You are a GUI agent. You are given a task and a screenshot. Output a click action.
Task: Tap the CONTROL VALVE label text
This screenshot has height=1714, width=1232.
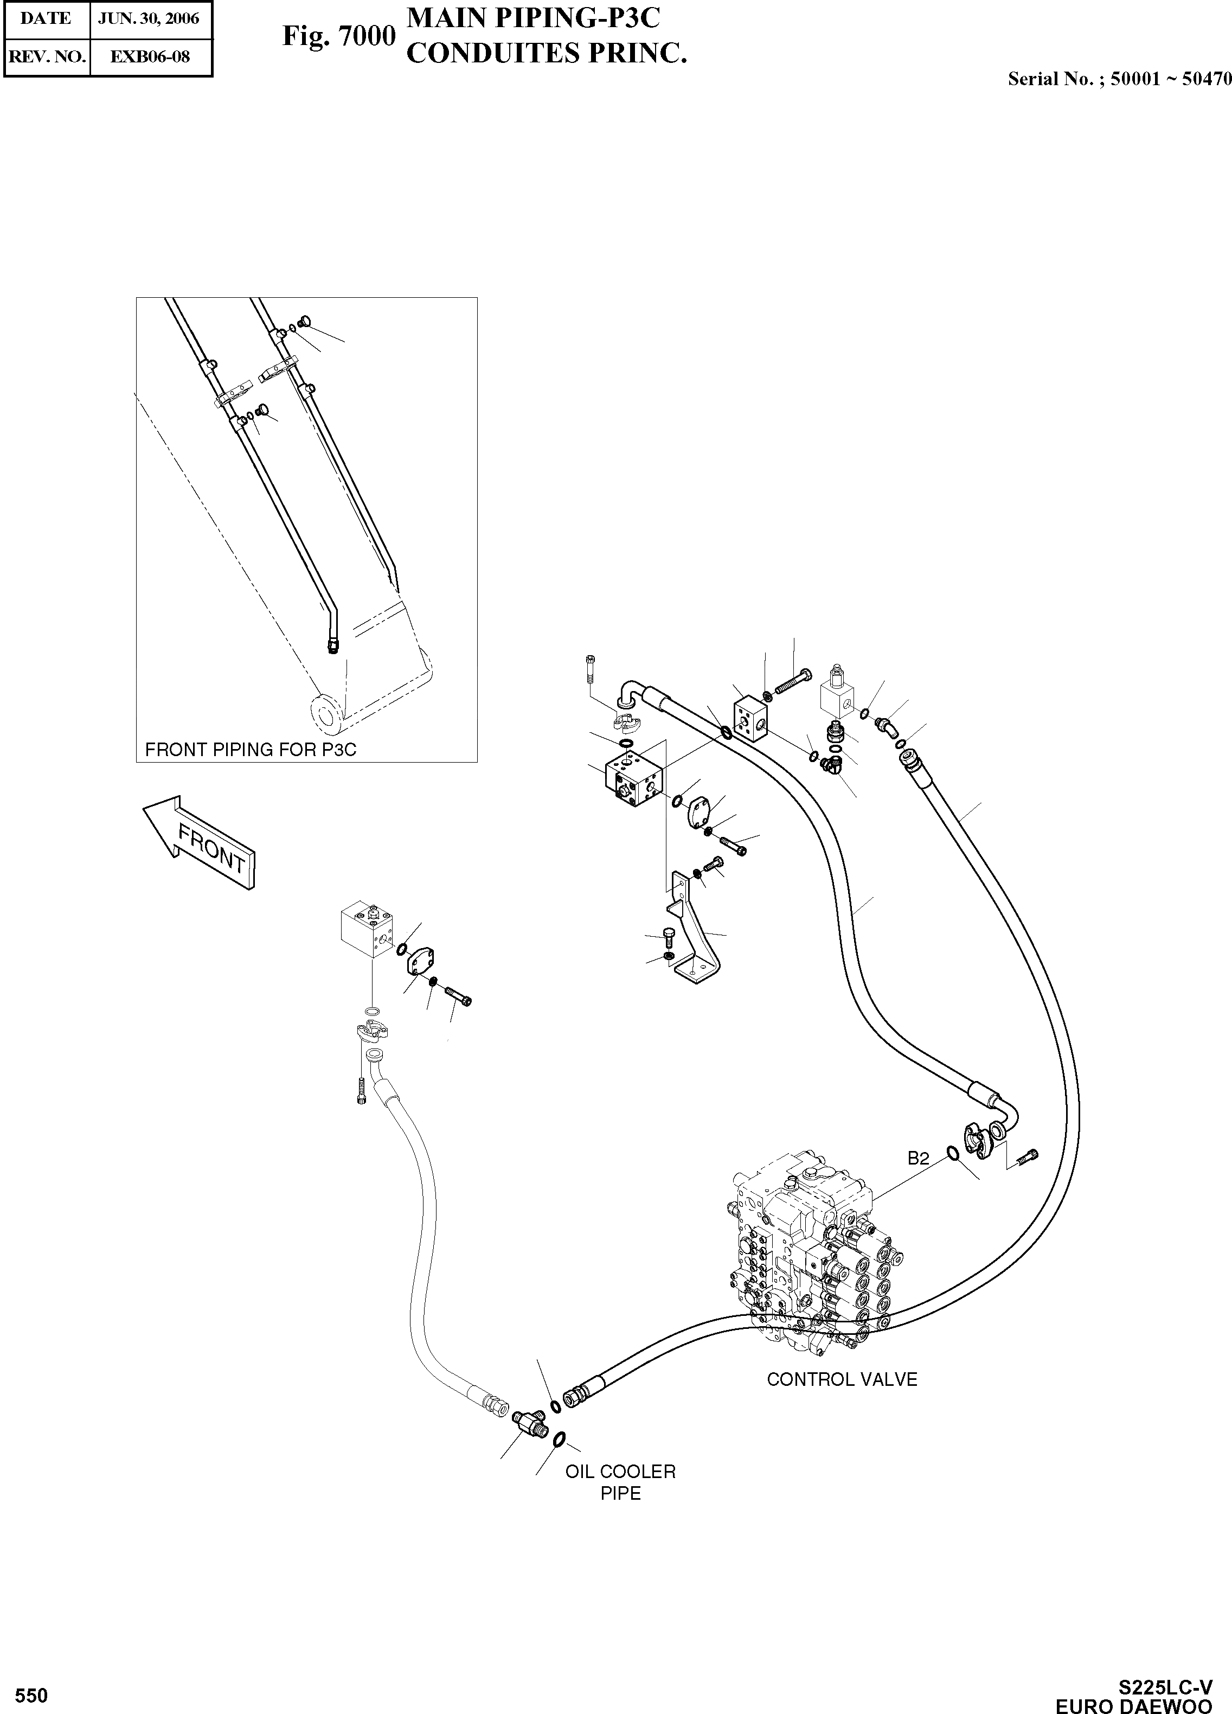(842, 1379)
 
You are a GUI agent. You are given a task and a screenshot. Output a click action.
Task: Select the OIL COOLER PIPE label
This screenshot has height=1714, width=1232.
(620, 1482)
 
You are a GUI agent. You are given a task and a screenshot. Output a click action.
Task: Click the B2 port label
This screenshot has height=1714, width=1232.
(918, 1159)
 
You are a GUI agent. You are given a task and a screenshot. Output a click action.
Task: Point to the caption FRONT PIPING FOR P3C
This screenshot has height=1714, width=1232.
(250, 750)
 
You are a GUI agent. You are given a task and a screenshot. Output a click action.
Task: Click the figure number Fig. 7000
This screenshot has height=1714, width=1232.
(338, 36)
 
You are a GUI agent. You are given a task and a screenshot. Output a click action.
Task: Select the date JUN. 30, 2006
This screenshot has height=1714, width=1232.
(149, 18)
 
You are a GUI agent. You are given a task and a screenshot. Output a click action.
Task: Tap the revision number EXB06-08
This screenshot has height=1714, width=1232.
(150, 56)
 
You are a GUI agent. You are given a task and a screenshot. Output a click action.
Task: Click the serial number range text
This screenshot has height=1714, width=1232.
(1119, 79)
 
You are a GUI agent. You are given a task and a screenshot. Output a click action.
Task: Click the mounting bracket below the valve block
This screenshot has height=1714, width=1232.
(692, 933)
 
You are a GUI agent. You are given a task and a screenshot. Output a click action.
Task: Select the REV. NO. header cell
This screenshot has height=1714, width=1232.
(46, 56)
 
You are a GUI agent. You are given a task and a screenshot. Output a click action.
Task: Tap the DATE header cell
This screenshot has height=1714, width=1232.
(46, 18)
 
